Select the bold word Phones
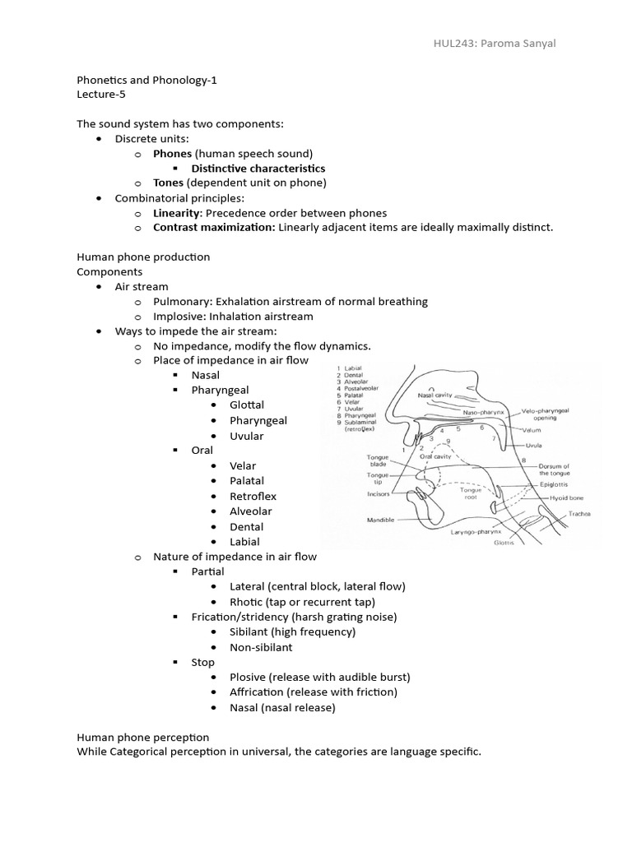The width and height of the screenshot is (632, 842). [172, 154]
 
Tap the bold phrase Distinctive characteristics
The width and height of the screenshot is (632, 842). [258, 169]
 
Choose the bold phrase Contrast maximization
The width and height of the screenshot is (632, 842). [214, 228]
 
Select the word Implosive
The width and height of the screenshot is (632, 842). [178, 317]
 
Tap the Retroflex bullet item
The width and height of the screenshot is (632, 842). [253, 497]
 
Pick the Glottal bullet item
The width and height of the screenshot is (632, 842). [247, 405]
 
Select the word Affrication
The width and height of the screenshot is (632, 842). [260, 692]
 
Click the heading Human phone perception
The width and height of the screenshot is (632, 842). [143, 738]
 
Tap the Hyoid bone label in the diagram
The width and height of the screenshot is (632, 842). [565, 498]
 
